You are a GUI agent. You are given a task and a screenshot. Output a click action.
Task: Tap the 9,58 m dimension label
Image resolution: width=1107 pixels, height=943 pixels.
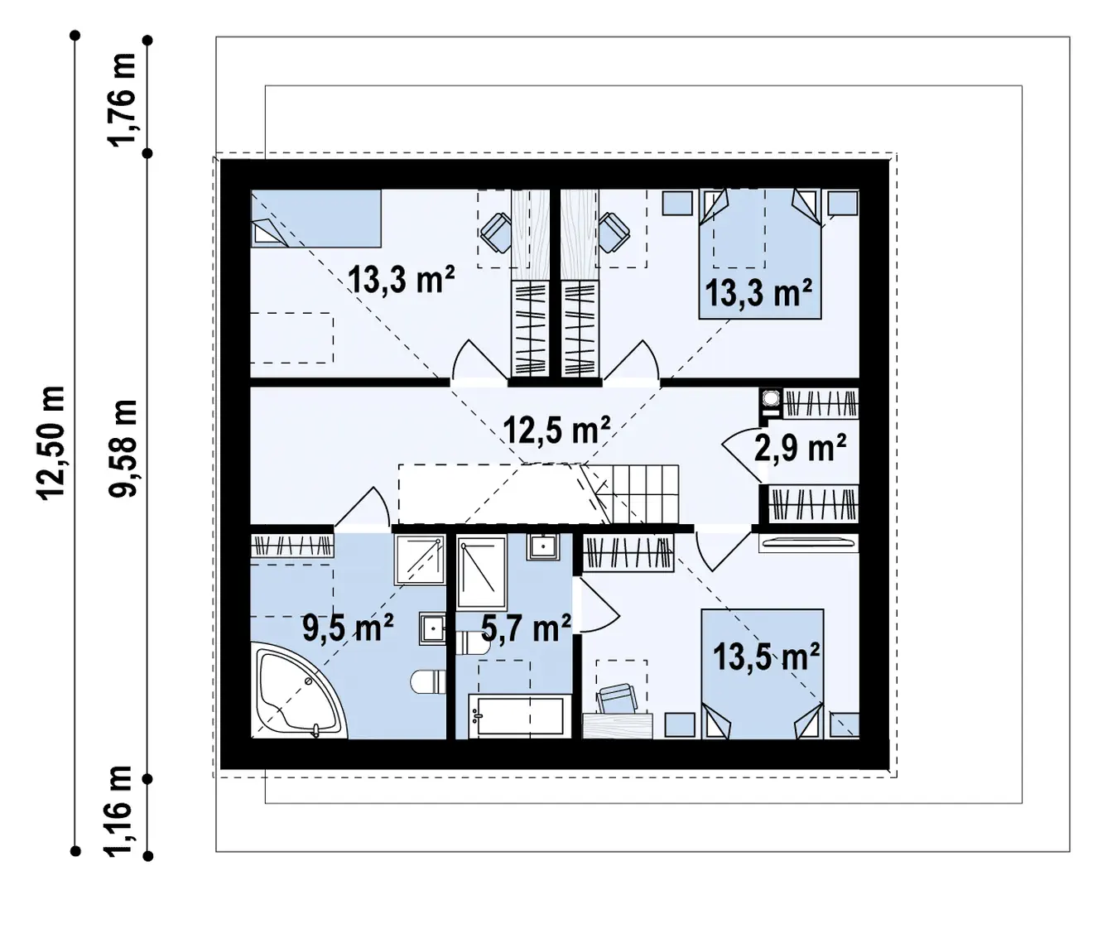(123, 448)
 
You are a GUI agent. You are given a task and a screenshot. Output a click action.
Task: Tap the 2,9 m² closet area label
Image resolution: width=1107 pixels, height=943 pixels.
(800, 448)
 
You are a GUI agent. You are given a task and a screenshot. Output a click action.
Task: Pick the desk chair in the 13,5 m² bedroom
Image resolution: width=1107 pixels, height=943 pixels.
(617, 699)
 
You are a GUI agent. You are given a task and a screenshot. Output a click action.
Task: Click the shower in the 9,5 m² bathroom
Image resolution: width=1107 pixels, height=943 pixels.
(420, 561)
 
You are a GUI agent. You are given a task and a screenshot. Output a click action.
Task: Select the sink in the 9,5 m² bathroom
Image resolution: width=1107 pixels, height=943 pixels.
(433, 628)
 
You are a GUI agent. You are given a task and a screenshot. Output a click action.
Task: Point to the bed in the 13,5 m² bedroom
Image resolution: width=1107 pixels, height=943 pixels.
(762, 674)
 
